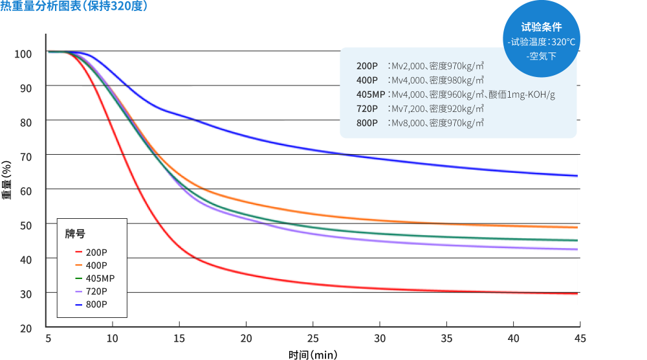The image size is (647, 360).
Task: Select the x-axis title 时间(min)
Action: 313,354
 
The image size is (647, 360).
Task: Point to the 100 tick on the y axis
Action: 23,53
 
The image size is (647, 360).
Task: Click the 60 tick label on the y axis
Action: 25,190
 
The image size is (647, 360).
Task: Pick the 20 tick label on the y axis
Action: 25,328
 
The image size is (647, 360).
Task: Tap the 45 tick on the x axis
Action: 580,338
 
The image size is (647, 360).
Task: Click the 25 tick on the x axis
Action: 313,338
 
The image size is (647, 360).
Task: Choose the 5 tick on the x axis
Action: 48,338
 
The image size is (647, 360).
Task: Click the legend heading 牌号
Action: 75,234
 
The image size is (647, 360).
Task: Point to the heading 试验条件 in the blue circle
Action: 542,27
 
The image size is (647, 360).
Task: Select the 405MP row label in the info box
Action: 370,95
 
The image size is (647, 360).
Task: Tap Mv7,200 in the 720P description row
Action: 408,109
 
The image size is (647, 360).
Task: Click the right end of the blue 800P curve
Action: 576,175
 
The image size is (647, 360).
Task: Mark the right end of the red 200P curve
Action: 576,293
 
